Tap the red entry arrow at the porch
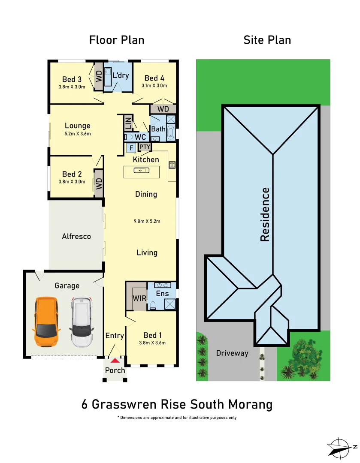point(115,361)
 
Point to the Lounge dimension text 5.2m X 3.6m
point(78,133)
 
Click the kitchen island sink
point(141,171)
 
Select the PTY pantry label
point(145,147)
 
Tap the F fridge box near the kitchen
point(131,148)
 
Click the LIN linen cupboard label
point(128,123)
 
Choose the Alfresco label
point(76,236)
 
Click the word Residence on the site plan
point(265,214)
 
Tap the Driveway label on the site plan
point(232,353)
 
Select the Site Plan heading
point(267,40)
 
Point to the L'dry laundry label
point(121,75)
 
